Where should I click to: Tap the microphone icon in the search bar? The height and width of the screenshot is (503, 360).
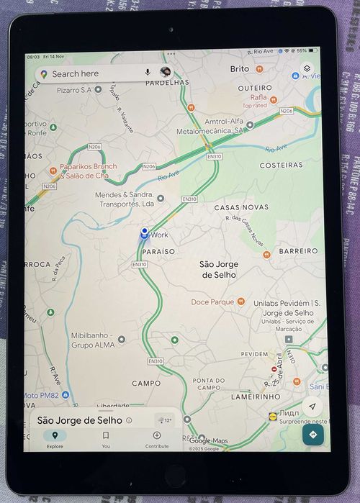pos(148,73)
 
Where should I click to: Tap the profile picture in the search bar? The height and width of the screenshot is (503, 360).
pos(166,73)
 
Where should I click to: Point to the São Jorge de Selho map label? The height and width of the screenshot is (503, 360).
pos(218,269)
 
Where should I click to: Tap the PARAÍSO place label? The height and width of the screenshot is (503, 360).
pos(158,251)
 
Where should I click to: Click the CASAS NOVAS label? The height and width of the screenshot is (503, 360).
pos(241,207)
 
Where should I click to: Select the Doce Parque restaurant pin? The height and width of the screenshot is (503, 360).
pos(241,302)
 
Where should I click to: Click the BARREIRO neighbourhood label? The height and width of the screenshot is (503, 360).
pos(298,250)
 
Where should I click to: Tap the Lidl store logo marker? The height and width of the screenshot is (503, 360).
pos(272,415)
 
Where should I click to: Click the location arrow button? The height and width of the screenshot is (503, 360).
pos(312,406)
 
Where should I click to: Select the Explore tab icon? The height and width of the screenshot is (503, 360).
pos(55,435)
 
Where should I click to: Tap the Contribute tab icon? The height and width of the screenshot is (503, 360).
pos(157,435)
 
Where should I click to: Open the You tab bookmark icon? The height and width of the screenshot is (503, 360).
pos(106,435)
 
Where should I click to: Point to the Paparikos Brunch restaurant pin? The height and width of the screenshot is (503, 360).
pos(53,171)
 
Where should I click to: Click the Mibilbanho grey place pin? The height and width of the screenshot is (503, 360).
pos(121,339)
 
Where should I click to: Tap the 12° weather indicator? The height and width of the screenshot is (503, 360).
pos(164,420)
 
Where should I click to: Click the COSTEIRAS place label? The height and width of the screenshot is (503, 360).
pos(282,165)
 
